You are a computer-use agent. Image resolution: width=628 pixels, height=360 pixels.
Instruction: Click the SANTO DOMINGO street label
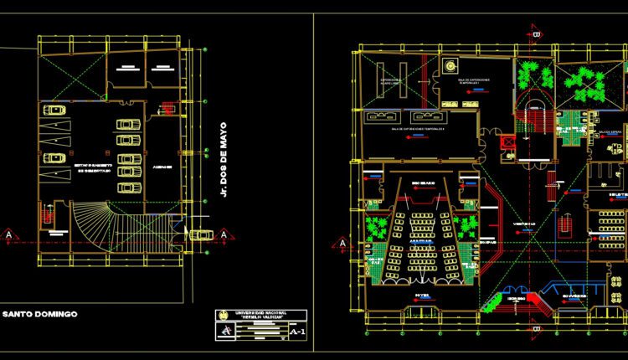click(39, 314)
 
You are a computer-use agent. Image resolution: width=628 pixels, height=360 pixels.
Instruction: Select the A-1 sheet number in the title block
click(296, 332)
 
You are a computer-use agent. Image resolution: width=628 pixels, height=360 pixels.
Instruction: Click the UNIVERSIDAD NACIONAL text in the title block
click(260, 313)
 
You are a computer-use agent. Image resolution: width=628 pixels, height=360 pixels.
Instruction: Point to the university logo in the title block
click(224, 316)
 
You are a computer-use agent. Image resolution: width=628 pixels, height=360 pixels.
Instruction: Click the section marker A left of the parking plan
click(9, 235)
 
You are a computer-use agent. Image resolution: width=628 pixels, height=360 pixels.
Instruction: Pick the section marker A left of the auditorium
click(342, 243)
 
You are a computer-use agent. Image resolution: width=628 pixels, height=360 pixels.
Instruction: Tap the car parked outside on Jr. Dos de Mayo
click(201, 235)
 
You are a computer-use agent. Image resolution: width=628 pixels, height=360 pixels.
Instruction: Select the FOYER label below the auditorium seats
click(421, 296)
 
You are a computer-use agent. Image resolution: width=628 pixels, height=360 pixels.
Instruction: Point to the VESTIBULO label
click(525, 224)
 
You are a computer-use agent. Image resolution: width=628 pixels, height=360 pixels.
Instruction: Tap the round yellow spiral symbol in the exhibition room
click(450, 65)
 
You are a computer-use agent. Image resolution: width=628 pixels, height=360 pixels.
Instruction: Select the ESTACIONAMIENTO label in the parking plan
click(87, 166)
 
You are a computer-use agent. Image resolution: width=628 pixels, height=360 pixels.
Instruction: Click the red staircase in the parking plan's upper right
click(167, 107)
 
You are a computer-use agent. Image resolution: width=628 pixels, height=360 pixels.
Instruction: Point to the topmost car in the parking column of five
click(129, 124)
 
